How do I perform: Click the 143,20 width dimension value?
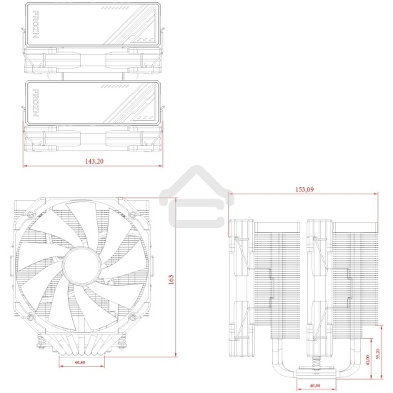(x=94, y=162)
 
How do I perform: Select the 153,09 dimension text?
(x=305, y=190)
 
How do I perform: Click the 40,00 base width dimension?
(x=314, y=387)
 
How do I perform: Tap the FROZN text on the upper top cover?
(x=34, y=28)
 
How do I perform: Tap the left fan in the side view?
(x=241, y=286)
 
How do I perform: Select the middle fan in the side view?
(x=317, y=286)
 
